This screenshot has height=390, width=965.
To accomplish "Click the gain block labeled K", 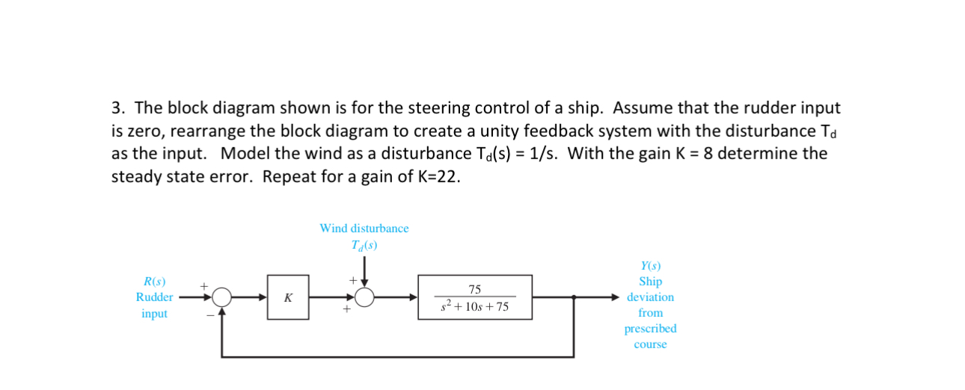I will (288, 297).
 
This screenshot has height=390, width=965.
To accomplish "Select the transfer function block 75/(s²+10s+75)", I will (475, 297).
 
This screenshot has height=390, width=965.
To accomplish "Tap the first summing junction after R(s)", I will (221, 297).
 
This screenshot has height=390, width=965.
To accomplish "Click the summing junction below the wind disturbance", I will (364, 297).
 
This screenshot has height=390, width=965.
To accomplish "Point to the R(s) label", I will (154, 282).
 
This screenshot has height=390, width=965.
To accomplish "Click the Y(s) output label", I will (650, 266).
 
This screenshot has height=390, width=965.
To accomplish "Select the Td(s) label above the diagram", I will (364, 244).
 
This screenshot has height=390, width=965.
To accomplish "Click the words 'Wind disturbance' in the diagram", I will (364, 228).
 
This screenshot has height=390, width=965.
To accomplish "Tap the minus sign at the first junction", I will (210, 316).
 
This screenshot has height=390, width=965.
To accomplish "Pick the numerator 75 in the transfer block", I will (475, 289).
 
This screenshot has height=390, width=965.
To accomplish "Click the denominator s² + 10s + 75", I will (475, 306).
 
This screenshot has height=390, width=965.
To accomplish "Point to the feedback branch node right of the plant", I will (573, 297).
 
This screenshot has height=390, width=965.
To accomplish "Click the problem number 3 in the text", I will (116, 108).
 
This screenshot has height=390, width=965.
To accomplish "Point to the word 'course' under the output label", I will (650, 344).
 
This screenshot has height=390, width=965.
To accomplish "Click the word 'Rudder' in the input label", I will (154, 297).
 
